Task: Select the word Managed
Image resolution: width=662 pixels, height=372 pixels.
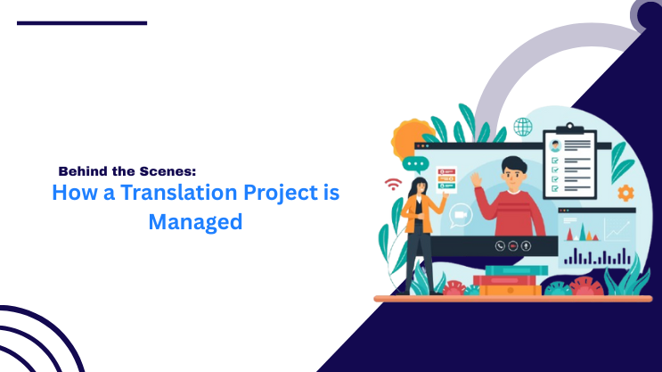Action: point(195,221)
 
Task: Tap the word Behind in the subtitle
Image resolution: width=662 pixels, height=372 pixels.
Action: point(84,170)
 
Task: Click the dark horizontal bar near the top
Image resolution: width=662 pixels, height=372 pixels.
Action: point(82,22)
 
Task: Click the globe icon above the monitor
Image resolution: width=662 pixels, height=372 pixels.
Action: point(522,127)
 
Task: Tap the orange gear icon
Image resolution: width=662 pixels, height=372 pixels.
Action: point(625,192)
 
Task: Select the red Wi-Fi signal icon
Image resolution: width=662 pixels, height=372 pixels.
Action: point(393,185)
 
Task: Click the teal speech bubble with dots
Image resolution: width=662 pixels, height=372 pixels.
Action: point(414,164)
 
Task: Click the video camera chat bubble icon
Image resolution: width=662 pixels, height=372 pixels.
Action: point(461,215)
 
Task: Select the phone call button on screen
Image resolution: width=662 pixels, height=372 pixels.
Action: point(501,245)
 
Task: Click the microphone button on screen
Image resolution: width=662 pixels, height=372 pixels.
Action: point(527,245)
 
